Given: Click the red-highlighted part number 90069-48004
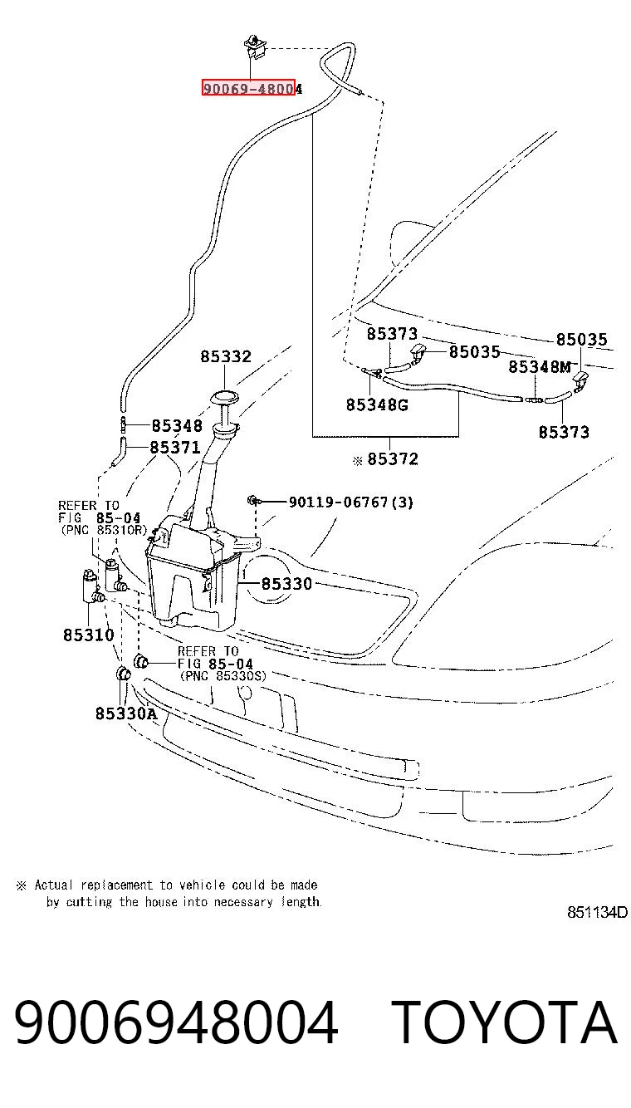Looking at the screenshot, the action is pyautogui.click(x=252, y=89).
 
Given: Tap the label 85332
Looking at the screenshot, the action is pyautogui.click(x=226, y=356).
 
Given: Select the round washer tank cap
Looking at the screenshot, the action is pyautogui.click(x=224, y=397).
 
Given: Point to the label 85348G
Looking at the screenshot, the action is pyautogui.click(x=377, y=404).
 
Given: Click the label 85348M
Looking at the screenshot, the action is pyautogui.click(x=540, y=366).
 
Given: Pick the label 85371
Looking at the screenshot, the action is pyautogui.click(x=175, y=447).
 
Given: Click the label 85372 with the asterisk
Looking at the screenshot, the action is pyautogui.click(x=386, y=459).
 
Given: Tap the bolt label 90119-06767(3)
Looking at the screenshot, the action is pyautogui.click(x=350, y=502).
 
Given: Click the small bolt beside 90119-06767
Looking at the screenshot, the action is pyautogui.click(x=252, y=500).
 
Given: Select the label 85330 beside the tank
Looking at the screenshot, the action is pyautogui.click(x=286, y=584).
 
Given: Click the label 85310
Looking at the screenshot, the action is pyautogui.click(x=89, y=635).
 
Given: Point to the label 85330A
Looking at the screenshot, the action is pyautogui.click(x=125, y=713).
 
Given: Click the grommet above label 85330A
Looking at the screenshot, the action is pyautogui.click(x=122, y=674).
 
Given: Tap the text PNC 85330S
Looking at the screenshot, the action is pyautogui.click(x=223, y=676).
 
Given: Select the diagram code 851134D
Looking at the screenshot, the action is pyautogui.click(x=597, y=912).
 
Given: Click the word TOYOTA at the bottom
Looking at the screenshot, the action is pyautogui.click(x=504, y=1022).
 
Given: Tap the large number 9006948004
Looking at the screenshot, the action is pyautogui.click(x=176, y=1022).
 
